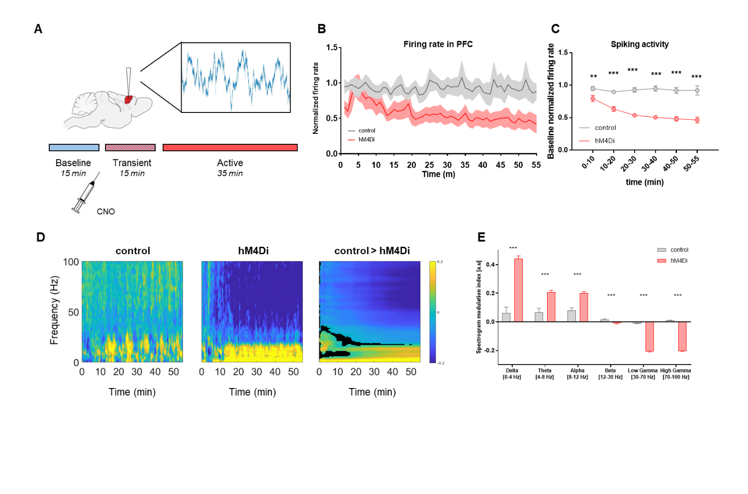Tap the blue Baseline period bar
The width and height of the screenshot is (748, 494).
74,148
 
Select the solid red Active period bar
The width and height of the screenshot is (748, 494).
230,148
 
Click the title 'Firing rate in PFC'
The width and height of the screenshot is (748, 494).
438,44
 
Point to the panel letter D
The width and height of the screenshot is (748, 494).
41,237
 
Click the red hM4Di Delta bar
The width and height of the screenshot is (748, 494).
518,290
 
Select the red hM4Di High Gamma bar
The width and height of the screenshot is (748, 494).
682,336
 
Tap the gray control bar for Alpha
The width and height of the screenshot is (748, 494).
571,316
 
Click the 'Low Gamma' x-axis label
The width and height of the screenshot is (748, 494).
643,371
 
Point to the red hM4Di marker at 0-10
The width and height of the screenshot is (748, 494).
592,99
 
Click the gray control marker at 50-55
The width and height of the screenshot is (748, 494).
697,91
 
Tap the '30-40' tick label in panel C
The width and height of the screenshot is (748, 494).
649,163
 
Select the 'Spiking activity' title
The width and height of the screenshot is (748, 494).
640,44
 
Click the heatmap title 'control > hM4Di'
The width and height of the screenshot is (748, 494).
372,251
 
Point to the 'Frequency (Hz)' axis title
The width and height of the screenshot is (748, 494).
54,310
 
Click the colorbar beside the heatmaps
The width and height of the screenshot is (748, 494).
432,312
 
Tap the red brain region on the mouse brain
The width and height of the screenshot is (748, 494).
128,99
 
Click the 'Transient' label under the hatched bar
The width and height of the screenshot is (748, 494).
132,163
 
